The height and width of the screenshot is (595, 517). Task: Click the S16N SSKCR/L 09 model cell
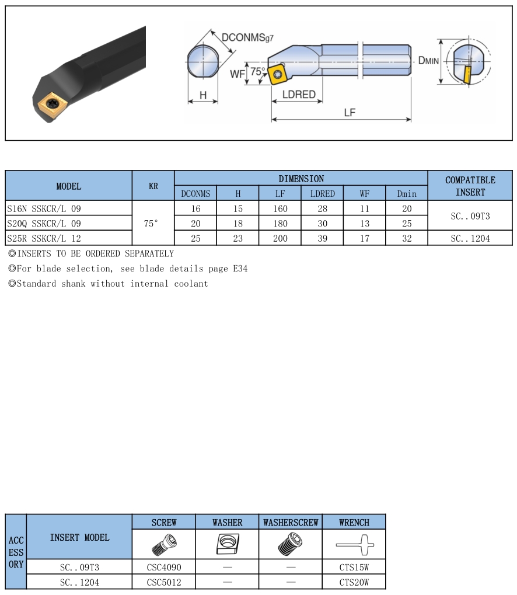tap(44, 208)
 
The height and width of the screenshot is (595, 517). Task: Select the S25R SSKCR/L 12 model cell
tap(44, 238)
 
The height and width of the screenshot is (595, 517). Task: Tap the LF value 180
tap(280, 224)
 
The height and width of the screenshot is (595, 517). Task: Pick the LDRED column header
tap(322, 193)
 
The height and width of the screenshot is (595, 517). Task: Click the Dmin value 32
tap(407, 238)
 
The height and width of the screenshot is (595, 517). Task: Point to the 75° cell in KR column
tap(153, 224)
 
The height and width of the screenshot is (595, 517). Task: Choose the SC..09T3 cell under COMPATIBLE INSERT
tap(470, 216)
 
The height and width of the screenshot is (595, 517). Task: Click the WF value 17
tap(364, 238)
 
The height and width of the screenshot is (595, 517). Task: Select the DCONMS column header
tap(195, 193)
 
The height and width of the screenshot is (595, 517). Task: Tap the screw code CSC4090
tap(164, 567)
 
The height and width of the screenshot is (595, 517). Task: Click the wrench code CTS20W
tap(354, 582)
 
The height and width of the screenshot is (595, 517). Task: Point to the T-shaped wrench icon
tap(354, 545)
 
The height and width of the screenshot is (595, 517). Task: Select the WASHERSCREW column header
tap(291, 523)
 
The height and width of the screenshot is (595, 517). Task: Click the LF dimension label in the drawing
tap(349, 113)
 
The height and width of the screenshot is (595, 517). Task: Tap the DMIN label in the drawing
tap(428, 60)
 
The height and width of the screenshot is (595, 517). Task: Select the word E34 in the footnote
tap(239, 269)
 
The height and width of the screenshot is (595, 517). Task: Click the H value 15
tap(237, 208)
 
